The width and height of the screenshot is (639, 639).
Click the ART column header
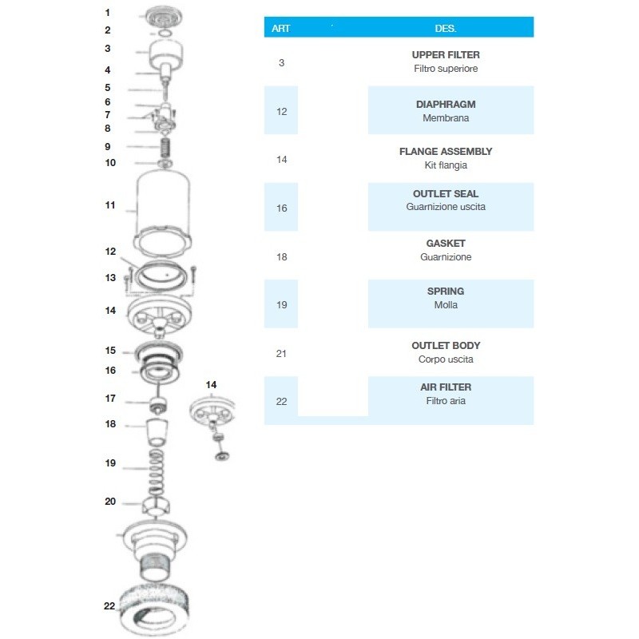coord(281,27)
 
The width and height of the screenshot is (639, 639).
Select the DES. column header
coord(446,27)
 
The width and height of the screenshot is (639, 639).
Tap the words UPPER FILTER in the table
coord(446,55)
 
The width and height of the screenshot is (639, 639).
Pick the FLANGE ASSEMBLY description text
coord(446,152)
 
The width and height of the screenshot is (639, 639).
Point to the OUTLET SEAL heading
coord(446,194)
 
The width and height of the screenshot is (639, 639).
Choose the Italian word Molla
coord(446,305)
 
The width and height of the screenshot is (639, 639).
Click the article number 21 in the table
coord(281,353)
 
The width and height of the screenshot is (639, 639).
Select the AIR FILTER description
coord(446,387)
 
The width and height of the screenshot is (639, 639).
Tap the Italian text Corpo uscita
coord(446,359)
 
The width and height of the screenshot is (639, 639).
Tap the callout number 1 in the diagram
coord(108,13)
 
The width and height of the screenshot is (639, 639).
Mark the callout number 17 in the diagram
coord(110,399)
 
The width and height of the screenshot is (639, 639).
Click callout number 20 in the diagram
coord(110,502)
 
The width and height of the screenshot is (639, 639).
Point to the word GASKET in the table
coord(446,244)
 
